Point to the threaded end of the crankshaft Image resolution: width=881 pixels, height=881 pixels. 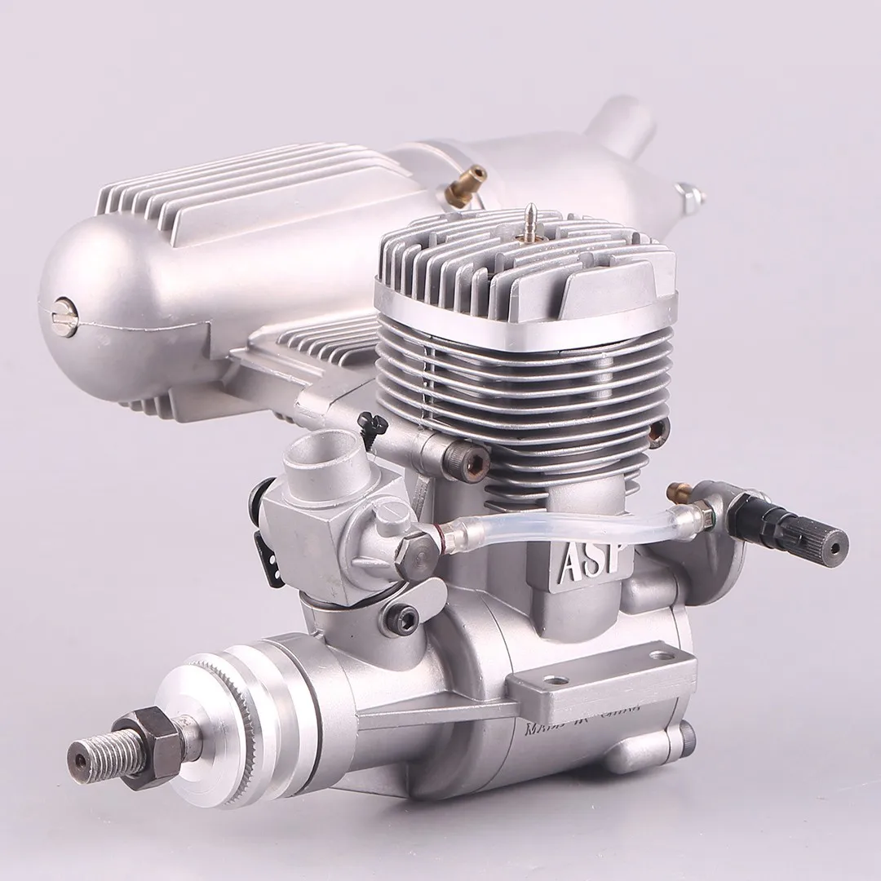(x=94, y=759)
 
